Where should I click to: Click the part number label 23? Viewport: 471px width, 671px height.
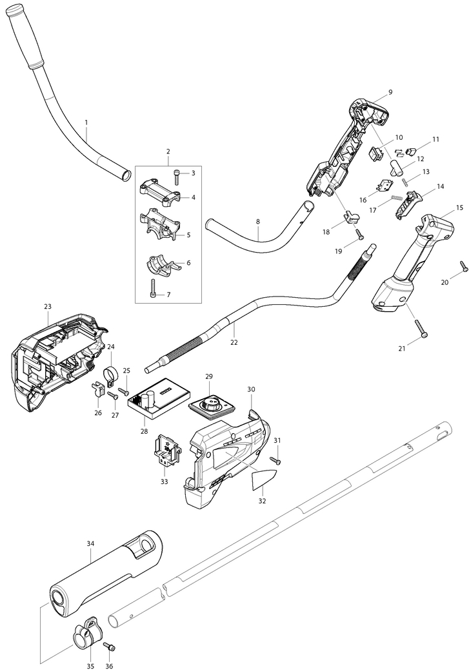48,307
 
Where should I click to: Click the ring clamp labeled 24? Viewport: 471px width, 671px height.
110,374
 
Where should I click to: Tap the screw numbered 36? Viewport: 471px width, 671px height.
110,646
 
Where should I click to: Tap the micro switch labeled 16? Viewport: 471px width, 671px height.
387,184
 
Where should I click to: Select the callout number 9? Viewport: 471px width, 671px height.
390,92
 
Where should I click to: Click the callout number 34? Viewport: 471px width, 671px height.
91,544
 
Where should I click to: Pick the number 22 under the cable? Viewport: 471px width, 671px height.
234,342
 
